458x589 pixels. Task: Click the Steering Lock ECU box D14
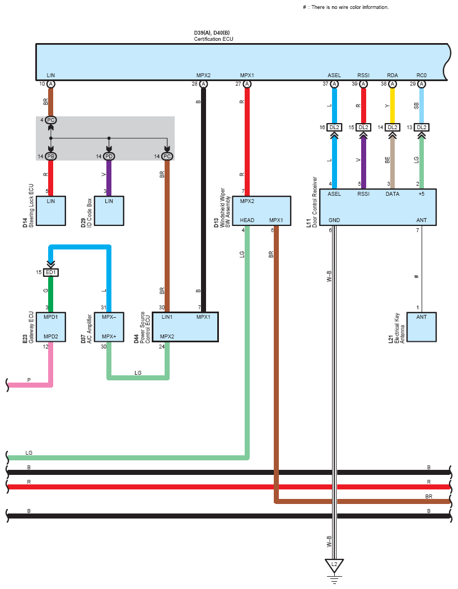[x=51, y=211]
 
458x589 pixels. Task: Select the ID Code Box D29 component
[x=109, y=211]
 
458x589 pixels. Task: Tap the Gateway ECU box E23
[x=51, y=327]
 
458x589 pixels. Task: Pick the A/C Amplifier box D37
[x=109, y=327]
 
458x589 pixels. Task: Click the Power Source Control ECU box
[x=185, y=327]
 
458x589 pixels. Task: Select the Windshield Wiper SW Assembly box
[x=261, y=211]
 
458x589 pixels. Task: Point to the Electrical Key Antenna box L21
[x=422, y=327]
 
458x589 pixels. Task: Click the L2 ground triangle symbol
[x=334, y=565]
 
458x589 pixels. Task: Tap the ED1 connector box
[x=51, y=272]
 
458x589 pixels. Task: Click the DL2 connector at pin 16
[x=334, y=128]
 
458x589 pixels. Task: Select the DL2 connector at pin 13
[x=422, y=128]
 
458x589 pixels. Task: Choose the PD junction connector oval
[x=109, y=156]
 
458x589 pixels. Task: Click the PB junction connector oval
[x=51, y=156]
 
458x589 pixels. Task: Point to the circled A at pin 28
[x=203, y=84]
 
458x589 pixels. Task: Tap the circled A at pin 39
[x=363, y=84]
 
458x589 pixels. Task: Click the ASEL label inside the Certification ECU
[x=334, y=75]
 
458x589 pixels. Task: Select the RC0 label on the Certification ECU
[x=422, y=75]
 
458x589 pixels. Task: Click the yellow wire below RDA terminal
[x=392, y=106]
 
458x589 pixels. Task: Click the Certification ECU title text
[x=213, y=39]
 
